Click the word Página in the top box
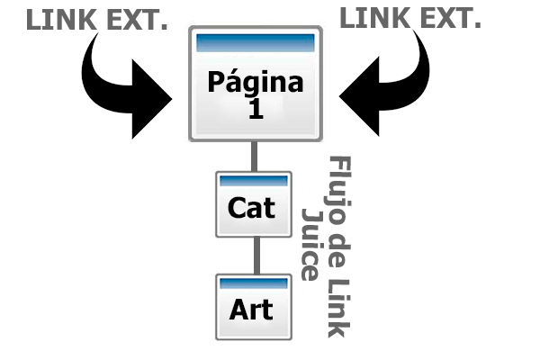(x=255, y=83)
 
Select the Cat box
(x=254, y=204)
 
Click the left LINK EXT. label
(x=96, y=19)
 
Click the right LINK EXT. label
(x=410, y=19)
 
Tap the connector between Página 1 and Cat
(x=255, y=156)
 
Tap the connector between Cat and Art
(x=255, y=256)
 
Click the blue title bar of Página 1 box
(x=255, y=41)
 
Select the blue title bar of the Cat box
(x=254, y=180)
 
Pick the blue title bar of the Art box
(x=254, y=283)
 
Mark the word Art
(x=251, y=310)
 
